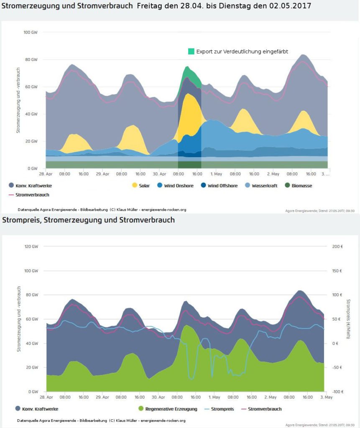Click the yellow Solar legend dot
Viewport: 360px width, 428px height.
pos(134,185)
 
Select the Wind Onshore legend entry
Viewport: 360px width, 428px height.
pos(176,185)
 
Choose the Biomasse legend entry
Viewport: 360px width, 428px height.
pos(299,185)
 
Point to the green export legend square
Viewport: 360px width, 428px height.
pos(191,51)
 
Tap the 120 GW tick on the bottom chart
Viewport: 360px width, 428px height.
pos(31,247)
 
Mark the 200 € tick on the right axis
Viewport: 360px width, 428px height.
pos(337,247)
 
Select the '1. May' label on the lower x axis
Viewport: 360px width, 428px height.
pos(214,397)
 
